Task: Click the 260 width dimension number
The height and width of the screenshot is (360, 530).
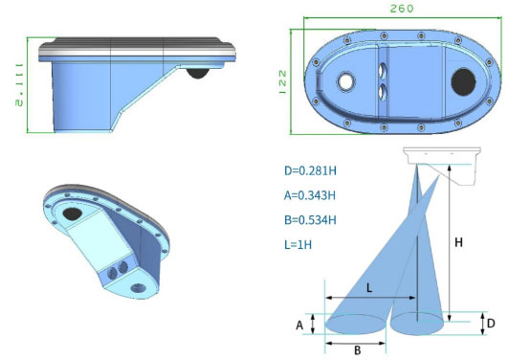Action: point(402,9)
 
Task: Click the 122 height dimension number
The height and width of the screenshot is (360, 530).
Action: point(282,82)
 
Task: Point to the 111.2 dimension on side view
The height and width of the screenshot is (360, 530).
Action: point(19,85)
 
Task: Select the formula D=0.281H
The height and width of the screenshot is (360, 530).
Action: point(310,170)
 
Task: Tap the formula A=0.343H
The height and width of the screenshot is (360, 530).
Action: point(310,195)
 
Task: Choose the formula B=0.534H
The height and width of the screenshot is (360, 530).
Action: point(310,220)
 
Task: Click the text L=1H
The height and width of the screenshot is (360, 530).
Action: point(298,244)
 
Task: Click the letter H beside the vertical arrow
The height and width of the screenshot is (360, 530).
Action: point(458,242)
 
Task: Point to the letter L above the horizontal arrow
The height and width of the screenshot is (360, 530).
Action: point(369,288)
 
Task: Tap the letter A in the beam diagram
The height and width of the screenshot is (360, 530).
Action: point(299,326)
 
